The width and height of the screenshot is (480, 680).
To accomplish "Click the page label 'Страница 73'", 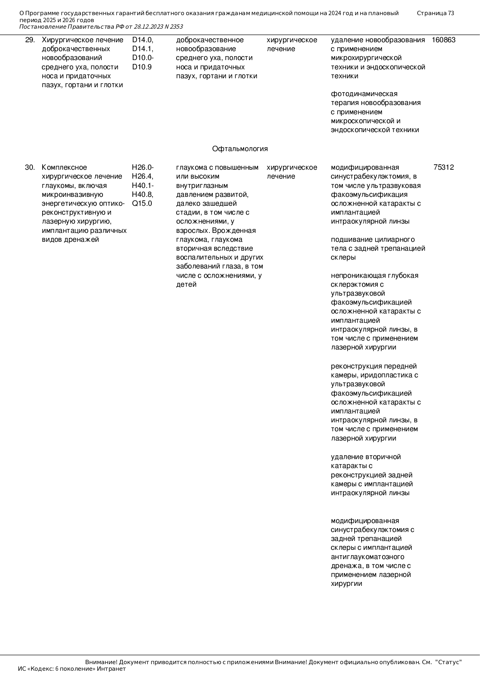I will tap(435, 13).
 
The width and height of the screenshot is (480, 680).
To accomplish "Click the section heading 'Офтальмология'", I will tap(240, 149).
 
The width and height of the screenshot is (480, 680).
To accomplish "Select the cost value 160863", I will tap(443, 40).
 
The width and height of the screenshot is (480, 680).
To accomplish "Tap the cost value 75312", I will tap(444, 167).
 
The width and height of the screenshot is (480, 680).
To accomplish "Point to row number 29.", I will tap(30, 40).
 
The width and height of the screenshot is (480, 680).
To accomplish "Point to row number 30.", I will tap(30, 167).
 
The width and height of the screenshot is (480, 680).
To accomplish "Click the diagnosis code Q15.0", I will tap(142, 203).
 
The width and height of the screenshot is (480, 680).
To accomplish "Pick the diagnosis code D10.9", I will tap(142, 67).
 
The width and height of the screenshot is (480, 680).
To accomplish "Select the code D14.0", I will tap(142, 40).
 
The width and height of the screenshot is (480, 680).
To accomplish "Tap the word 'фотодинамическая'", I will tap(364, 94).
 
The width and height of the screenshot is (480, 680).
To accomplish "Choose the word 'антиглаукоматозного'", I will tap(367, 557).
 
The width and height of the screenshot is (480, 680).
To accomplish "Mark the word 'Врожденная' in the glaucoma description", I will tap(237, 231).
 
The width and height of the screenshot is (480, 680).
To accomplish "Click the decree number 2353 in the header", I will tap(176, 27).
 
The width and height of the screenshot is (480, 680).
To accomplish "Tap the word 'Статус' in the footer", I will tap(449, 662).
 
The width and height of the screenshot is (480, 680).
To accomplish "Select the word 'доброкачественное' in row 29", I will tap(210, 40).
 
